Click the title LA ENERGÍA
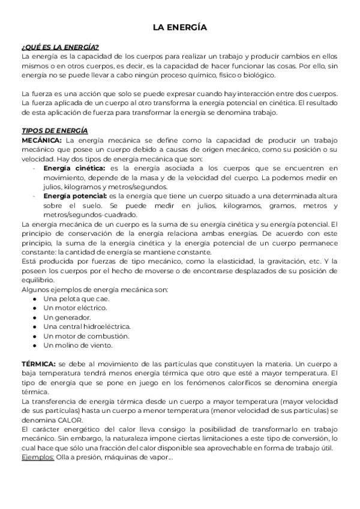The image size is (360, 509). click(179, 28)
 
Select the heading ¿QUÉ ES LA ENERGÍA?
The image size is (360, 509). click(60, 47)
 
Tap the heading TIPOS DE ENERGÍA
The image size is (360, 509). click(55, 131)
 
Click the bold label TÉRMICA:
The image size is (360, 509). click(38, 364)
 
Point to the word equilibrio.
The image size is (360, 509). click(39, 280)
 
